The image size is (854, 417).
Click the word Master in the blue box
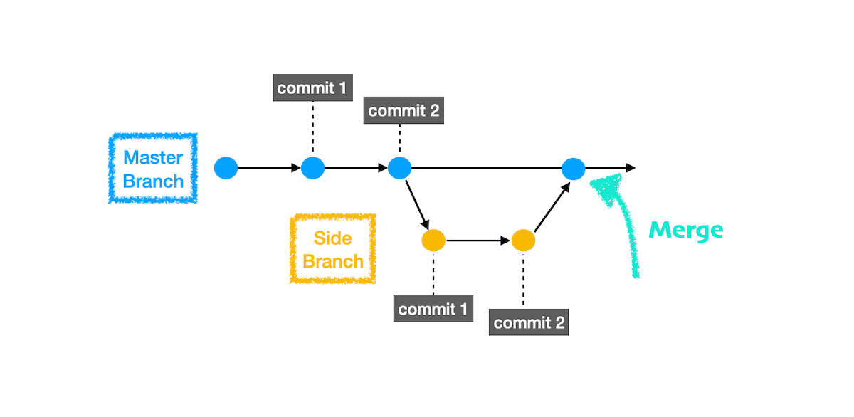[153, 157]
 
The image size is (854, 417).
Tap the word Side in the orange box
[333, 237]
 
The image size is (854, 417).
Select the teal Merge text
[686, 231]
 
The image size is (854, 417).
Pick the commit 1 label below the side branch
[433, 309]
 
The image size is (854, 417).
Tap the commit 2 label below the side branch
[529, 322]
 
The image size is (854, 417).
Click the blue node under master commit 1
[313, 169]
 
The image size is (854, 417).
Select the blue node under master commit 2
[400, 169]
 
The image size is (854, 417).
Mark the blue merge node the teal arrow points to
[573, 169]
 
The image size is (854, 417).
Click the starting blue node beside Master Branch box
[226, 169]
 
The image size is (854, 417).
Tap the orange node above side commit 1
[433, 241]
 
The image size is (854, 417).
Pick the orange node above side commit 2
[523, 241]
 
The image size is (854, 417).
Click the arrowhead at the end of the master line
[631, 169]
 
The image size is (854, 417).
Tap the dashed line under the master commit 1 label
[313, 128]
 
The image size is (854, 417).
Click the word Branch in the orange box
[333, 261]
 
